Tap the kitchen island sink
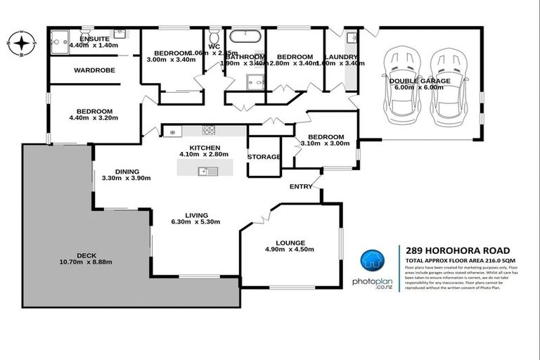pos(204,170)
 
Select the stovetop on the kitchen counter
pos(209,129)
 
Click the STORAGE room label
pos(264,157)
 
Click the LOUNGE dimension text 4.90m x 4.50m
pos(289,250)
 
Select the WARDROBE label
pos(94,70)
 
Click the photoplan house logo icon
pos(372,261)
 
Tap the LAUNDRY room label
pos(342,57)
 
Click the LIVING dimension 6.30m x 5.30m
pos(196,222)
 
